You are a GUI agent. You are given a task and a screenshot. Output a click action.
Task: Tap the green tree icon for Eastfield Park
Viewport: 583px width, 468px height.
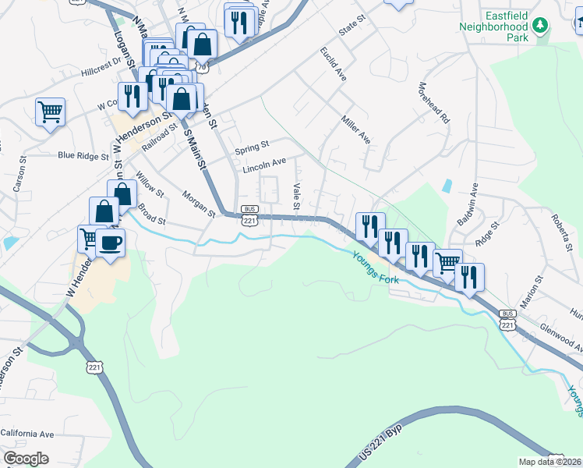point(539,26)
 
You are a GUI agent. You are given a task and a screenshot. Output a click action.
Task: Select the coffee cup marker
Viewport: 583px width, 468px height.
point(110,243)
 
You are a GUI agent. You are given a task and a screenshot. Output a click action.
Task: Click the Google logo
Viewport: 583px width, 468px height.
point(26,459)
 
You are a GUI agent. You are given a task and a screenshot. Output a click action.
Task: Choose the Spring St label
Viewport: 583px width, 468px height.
point(252,145)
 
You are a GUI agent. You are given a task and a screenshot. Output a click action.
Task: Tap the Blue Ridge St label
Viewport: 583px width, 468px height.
point(83,156)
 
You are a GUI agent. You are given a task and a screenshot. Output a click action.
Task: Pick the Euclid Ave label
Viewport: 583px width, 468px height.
point(333,64)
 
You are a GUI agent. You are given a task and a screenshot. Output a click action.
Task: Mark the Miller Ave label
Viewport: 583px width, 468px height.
point(355,129)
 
